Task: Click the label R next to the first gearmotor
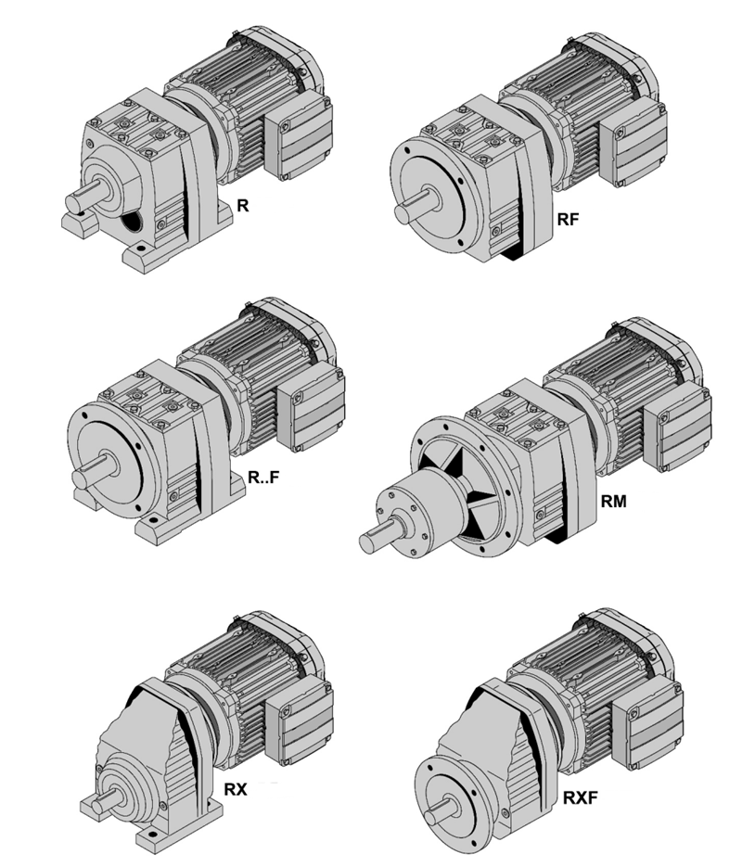point(243,206)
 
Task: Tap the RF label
point(568,220)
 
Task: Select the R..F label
point(263,478)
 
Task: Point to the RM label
point(614,502)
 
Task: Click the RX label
point(236,790)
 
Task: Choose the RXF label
point(580,797)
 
